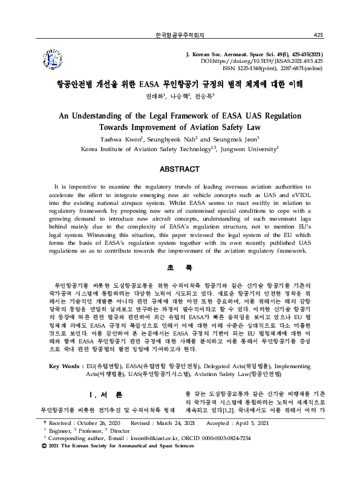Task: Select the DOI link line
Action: tap(270, 60)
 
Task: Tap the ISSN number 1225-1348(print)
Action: tap(253, 68)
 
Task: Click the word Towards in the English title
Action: tap(123, 128)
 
